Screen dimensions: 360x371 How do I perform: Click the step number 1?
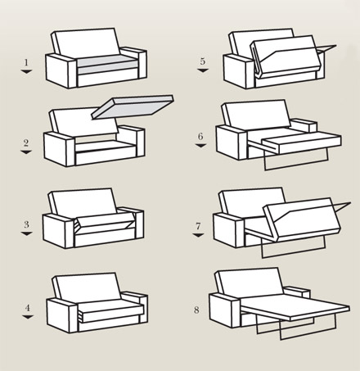tap(26, 63)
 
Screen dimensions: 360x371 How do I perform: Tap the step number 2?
tap(26, 143)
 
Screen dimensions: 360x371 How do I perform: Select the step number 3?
tap(26, 224)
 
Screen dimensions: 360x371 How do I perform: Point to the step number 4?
tap(28, 308)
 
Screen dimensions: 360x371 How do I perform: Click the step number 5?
tap(202, 61)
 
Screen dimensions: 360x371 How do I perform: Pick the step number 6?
tap(200, 136)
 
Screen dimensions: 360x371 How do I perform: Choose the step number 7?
tap(198, 226)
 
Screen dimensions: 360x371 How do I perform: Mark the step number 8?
tap(196, 310)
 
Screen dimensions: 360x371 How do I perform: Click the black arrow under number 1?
tap(26, 71)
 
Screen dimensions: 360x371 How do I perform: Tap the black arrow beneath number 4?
tap(28, 317)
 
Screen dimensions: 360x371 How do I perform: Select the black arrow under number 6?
tap(200, 146)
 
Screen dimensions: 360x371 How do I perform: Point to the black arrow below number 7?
tap(198, 235)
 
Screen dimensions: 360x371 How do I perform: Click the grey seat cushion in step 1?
tap(107, 65)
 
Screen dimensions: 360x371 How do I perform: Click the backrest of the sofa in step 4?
tap(87, 286)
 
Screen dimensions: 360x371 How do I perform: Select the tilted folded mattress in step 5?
tap(285, 56)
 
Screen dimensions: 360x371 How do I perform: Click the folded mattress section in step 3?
tap(105, 220)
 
